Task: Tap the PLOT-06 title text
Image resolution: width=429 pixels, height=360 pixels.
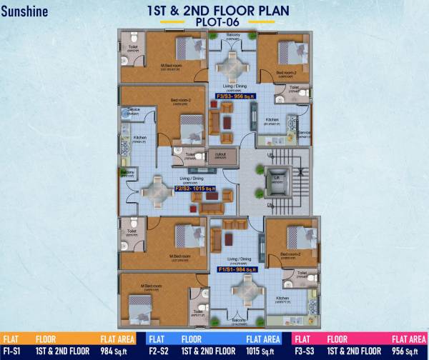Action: (x=214, y=22)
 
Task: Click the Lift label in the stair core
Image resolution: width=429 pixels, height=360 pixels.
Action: (x=275, y=176)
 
